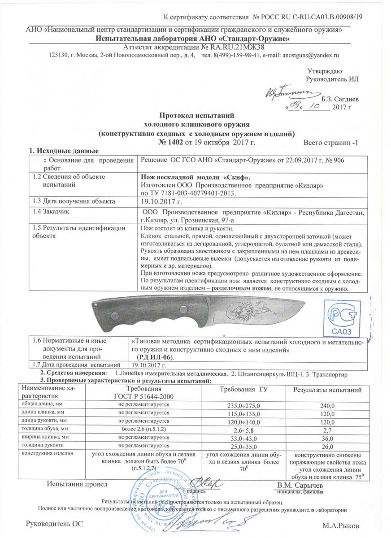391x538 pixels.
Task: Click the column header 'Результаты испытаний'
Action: pos(327,391)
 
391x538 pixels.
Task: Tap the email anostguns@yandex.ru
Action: pos(310,55)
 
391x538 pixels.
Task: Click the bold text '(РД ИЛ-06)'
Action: pos(155,356)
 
